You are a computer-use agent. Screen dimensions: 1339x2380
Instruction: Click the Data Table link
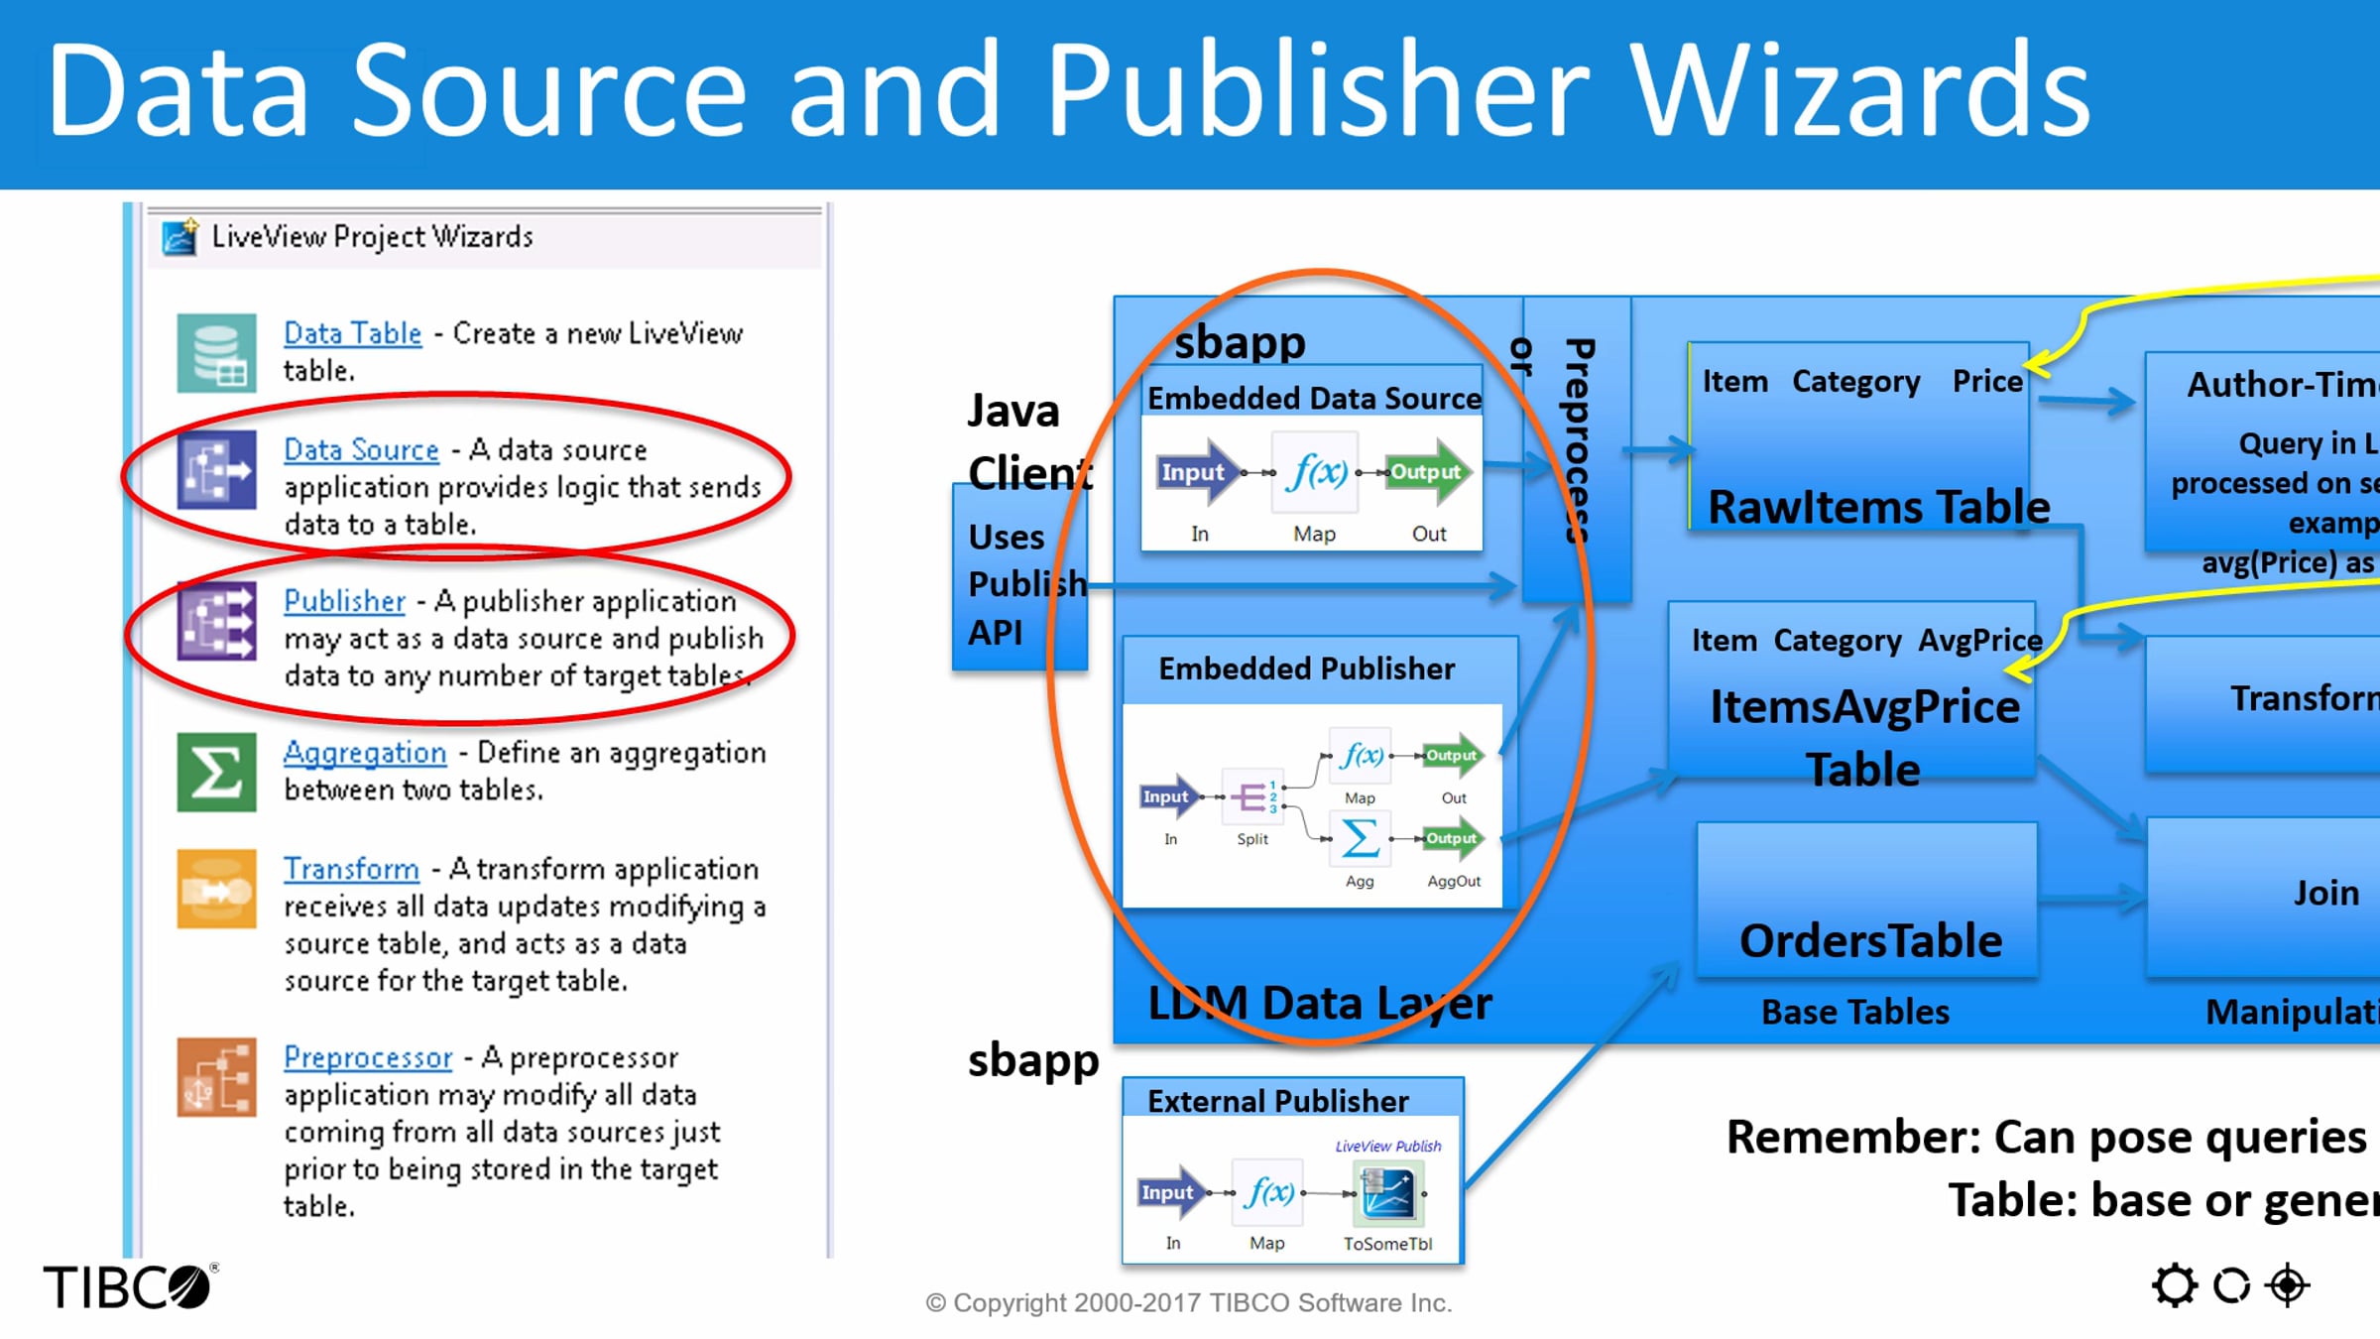352,333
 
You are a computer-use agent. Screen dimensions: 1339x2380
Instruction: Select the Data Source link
361,449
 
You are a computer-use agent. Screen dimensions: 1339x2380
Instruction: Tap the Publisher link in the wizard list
344,601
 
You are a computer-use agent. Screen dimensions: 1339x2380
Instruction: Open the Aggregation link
365,753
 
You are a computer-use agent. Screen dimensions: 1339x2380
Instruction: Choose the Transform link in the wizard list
351,869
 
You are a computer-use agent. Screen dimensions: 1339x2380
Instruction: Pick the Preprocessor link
368,1057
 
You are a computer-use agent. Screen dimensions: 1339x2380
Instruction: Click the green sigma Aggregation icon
216,772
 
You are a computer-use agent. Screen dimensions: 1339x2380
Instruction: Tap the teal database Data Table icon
216,353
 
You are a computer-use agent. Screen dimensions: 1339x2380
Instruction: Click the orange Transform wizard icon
216,889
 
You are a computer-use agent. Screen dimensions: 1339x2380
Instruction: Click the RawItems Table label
1878,507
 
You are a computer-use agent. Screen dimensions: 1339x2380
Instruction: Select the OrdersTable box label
1870,940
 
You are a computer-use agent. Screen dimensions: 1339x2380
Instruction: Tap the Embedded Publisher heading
1306,669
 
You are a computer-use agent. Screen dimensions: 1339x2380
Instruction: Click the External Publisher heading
1277,1101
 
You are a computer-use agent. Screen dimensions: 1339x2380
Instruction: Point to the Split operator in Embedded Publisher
1251,796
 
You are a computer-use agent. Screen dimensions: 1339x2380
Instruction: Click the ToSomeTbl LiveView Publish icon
1387,1193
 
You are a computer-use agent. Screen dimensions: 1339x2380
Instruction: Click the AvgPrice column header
1979,641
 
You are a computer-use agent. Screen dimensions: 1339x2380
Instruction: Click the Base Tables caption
1854,1012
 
